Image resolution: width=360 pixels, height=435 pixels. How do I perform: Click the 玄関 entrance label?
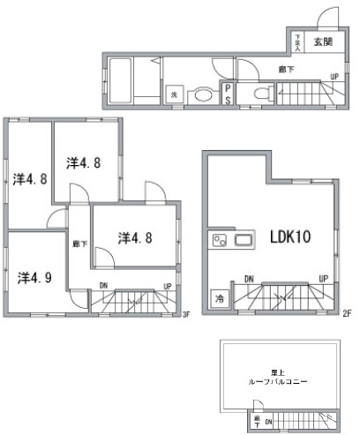click(x=321, y=41)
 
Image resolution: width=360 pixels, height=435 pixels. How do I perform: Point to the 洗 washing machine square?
click(x=174, y=94)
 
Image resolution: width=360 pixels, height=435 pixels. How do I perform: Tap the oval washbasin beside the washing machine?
click(x=202, y=94)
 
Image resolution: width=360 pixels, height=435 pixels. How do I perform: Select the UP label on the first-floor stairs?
click(x=334, y=76)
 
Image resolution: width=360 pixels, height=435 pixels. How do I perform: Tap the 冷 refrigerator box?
click(x=217, y=299)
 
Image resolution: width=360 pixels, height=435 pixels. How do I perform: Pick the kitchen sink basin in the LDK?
click(x=243, y=241)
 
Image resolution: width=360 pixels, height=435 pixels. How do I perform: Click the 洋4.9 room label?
click(x=35, y=277)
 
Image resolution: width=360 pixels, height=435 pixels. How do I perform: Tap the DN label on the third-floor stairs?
click(x=103, y=286)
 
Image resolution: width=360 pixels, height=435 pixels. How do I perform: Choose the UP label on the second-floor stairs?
click(x=323, y=279)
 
